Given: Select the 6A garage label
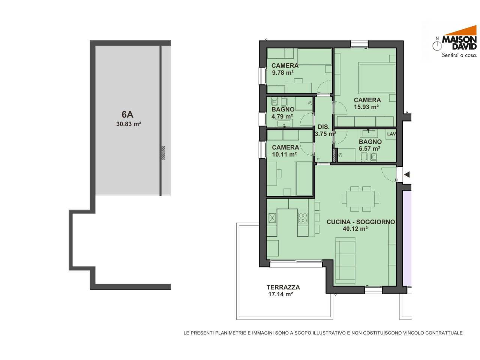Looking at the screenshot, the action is coord(127,114).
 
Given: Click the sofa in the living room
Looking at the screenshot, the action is coord(345,261).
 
